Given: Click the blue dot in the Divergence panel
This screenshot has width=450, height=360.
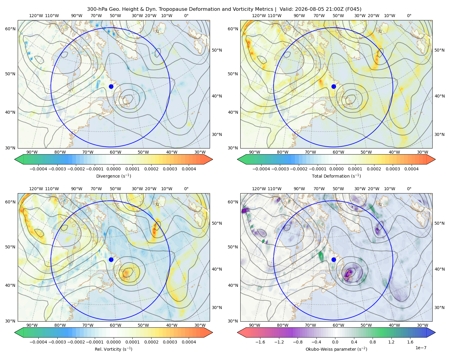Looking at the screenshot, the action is [111, 86].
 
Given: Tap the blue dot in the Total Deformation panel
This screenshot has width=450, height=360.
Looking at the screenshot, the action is [334, 86].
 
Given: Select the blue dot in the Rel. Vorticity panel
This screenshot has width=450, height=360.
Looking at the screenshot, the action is [111, 259].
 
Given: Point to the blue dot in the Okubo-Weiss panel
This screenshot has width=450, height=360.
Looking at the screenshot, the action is [334, 259].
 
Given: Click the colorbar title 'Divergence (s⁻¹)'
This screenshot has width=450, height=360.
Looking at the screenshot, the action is [113, 176].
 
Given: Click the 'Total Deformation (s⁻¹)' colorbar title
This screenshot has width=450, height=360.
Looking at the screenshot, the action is [336, 176].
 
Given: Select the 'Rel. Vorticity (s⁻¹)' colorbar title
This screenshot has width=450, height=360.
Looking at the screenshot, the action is [113, 349].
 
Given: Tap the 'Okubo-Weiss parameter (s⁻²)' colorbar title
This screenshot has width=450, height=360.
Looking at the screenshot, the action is [336, 349].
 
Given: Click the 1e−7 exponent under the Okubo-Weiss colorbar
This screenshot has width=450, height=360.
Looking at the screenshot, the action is [421, 348].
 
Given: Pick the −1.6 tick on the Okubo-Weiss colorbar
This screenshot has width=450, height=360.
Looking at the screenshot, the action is [260, 342].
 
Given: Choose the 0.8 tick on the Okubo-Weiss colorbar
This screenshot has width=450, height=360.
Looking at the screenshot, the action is [373, 342].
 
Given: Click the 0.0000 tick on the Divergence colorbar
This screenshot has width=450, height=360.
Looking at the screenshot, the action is [113, 169].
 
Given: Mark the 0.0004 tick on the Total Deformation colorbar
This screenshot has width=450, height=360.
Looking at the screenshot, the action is [412, 169].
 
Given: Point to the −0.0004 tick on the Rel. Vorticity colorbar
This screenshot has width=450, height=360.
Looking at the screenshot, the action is [38, 342].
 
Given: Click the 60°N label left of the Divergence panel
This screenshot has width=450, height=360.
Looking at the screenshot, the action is [10, 29].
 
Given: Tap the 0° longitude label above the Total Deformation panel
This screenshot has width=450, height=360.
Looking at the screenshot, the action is [409, 16].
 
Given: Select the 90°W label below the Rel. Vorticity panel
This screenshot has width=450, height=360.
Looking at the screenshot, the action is [32, 325].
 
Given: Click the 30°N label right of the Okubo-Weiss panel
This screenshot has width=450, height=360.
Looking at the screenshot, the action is [439, 307].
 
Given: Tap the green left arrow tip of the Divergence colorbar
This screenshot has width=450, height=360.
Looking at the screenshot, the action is [15, 159].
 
